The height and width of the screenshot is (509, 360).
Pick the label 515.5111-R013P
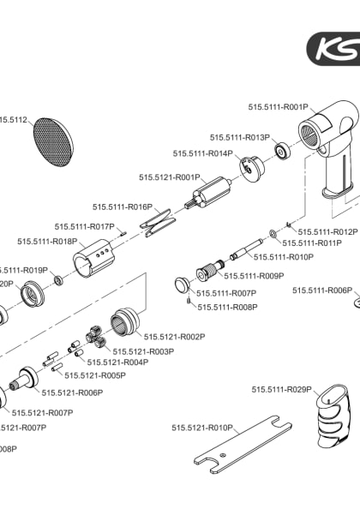pos(240,137)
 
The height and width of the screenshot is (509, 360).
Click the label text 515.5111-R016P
pos(123,207)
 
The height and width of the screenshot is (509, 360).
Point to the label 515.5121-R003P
pos(143,351)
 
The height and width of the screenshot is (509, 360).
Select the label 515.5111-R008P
pos(227,306)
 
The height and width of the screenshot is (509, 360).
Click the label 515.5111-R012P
pos(327,231)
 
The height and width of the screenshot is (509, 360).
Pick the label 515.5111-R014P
pos(203,153)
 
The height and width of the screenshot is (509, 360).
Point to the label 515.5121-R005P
pos(96,375)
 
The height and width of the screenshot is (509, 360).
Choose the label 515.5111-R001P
pos(278,107)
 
